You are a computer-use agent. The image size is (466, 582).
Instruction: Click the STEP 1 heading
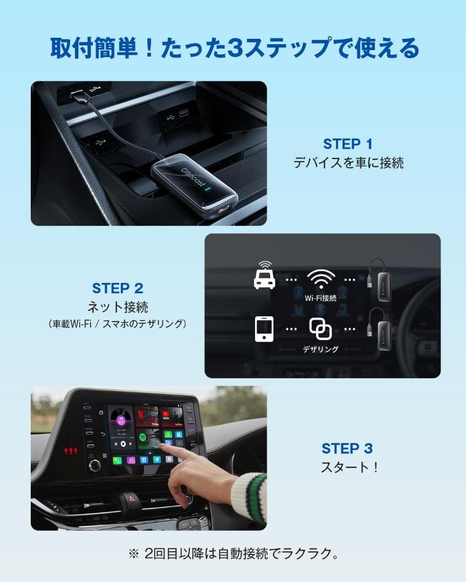click(348, 144)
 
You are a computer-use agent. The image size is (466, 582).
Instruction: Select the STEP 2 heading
click(118, 288)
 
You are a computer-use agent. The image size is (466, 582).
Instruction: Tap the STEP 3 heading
click(347, 448)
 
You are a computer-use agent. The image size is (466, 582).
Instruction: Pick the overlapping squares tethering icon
click(320, 329)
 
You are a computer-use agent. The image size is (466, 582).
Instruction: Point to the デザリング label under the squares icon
click(320, 349)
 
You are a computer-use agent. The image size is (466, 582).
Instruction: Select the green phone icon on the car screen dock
click(117, 461)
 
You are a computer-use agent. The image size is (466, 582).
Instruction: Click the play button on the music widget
click(123, 444)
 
